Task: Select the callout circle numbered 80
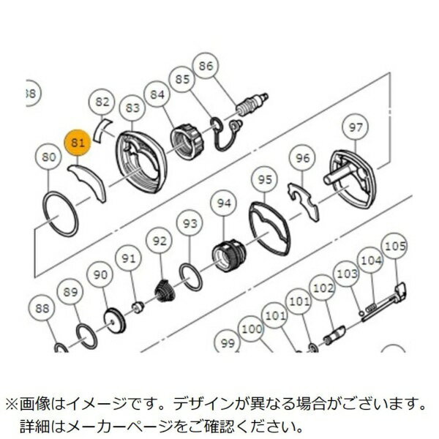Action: (49, 157)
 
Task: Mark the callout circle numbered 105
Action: (394, 247)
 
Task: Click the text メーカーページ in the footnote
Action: (135, 424)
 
